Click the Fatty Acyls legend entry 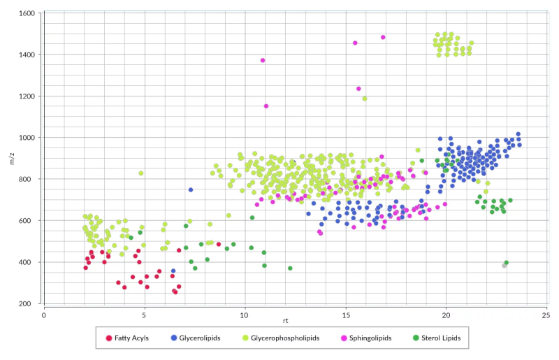tap(133, 338)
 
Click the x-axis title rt tap(286, 320)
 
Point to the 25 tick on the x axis tap(546, 315)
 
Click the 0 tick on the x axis tap(43, 315)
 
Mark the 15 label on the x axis tap(344, 315)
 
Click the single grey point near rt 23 tap(504, 266)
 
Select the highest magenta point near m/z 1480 tap(383, 37)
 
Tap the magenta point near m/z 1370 tap(263, 60)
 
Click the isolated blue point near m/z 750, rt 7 tap(191, 189)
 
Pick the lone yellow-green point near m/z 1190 tap(365, 99)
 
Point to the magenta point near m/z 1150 tap(266, 106)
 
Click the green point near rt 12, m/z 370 tap(290, 268)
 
